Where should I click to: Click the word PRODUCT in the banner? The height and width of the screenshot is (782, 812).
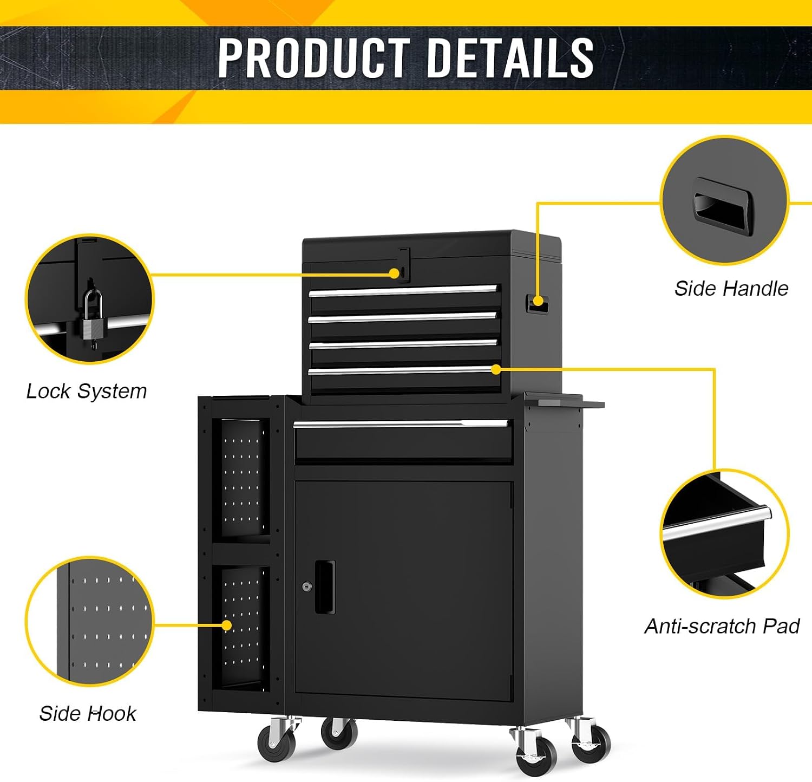point(313,57)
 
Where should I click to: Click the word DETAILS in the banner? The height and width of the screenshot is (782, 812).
point(510,57)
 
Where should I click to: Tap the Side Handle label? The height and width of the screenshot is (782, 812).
point(731,289)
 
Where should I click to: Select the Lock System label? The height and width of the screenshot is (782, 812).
point(87,392)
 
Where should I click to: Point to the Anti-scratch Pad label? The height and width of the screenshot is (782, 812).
point(722,626)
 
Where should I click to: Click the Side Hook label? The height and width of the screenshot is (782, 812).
point(88,713)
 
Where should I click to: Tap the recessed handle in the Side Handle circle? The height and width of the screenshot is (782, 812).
point(723,207)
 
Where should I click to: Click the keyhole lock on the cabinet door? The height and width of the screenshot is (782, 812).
point(307,586)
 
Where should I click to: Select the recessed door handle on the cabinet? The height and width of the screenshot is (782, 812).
point(325,587)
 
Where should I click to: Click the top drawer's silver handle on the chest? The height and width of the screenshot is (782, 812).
point(403,291)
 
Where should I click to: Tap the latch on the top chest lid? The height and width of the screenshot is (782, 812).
point(404,265)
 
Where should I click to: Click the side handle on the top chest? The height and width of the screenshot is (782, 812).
point(538,303)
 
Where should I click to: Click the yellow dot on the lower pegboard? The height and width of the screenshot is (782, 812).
point(227,625)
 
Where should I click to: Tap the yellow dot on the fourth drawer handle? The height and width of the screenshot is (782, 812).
point(496,369)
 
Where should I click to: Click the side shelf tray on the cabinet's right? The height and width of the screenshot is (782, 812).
point(564,400)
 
